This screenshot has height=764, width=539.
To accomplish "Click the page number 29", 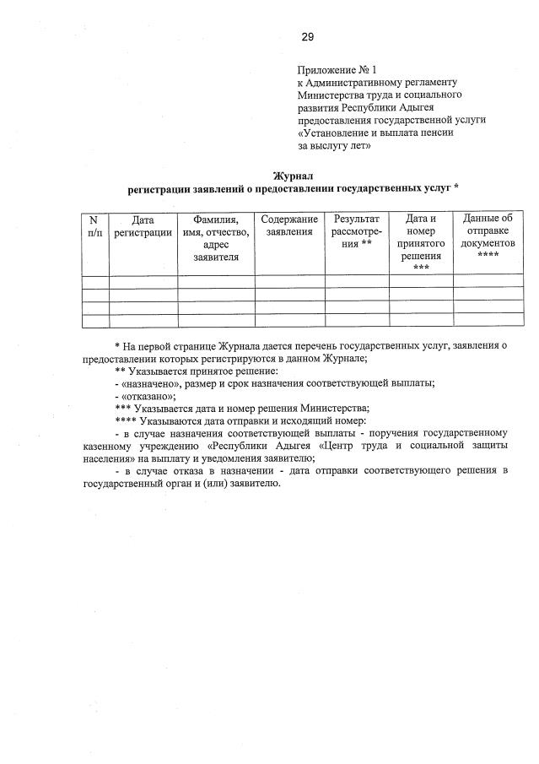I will coord(307,37).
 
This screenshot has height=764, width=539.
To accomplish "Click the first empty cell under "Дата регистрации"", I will coord(143,283).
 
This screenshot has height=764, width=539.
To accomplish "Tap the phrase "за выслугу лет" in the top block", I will coord(337,145).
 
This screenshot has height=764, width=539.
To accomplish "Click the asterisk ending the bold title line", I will coord(456,188).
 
